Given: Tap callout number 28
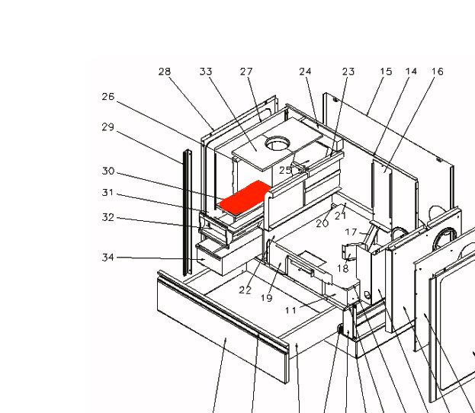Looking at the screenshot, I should [x=165, y=72].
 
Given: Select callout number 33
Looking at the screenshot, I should [x=206, y=72].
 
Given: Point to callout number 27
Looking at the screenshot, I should [x=246, y=72].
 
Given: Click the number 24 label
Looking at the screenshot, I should [x=305, y=72].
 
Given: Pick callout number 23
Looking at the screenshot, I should [x=348, y=72].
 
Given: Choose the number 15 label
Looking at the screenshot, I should [x=386, y=72].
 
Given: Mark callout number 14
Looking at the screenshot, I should [x=412, y=72].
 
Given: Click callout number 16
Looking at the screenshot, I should [x=438, y=72].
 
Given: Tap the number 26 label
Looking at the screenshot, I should [x=108, y=97].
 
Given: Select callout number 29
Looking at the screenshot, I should [x=108, y=126].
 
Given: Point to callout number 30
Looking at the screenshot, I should [x=108, y=171].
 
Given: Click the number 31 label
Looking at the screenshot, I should [x=108, y=192].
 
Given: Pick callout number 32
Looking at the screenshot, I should [x=108, y=217].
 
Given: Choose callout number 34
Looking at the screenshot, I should [x=108, y=258].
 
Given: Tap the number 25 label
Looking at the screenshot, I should [x=285, y=170].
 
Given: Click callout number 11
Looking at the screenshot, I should [x=290, y=310].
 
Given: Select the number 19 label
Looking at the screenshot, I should [x=266, y=298].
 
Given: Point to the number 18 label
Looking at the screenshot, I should [x=343, y=268].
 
